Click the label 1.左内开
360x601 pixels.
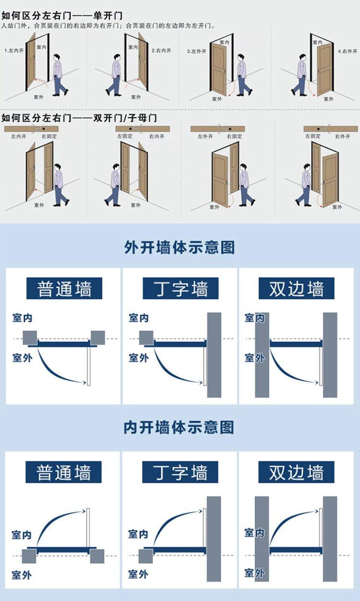click(x=14, y=50)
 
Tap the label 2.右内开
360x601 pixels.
click(x=161, y=50)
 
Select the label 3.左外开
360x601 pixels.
click(x=196, y=51)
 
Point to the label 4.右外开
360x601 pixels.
click(x=348, y=51)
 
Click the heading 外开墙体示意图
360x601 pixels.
click(x=180, y=247)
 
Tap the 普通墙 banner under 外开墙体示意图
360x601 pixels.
click(x=64, y=288)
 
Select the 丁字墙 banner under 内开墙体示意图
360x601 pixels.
click(x=180, y=472)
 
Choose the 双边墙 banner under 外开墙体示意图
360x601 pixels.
click(x=296, y=288)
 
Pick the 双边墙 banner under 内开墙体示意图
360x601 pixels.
click(x=296, y=472)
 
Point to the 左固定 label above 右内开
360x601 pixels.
click(x=125, y=136)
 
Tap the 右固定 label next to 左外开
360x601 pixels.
click(x=234, y=136)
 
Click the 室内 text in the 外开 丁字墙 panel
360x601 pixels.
click(x=139, y=318)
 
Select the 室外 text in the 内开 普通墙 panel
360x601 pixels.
click(x=22, y=575)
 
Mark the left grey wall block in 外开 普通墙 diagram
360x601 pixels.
click(x=30, y=338)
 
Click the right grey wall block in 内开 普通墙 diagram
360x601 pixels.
click(x=97, y=556)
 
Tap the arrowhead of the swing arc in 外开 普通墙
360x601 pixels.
click(x=85, y=382)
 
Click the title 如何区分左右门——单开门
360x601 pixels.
click(x=62, y=15)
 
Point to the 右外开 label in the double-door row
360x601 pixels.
click(x=343, y=136)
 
